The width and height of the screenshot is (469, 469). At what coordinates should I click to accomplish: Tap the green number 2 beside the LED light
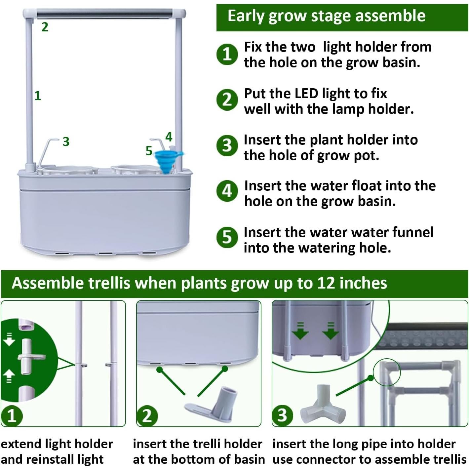45,27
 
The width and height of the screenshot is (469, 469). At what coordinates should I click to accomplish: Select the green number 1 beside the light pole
38,96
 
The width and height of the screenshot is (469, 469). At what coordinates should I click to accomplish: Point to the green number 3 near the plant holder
66,141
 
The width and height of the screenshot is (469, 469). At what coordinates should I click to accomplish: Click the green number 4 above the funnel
169,137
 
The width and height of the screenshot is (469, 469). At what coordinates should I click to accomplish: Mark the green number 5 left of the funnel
149,151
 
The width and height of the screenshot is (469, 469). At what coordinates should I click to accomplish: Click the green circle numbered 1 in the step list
227,54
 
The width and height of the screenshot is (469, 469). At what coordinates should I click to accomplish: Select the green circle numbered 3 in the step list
227,145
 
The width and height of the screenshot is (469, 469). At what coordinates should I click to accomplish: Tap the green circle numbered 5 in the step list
227,237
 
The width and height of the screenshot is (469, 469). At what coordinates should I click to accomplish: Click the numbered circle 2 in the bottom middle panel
147,415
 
